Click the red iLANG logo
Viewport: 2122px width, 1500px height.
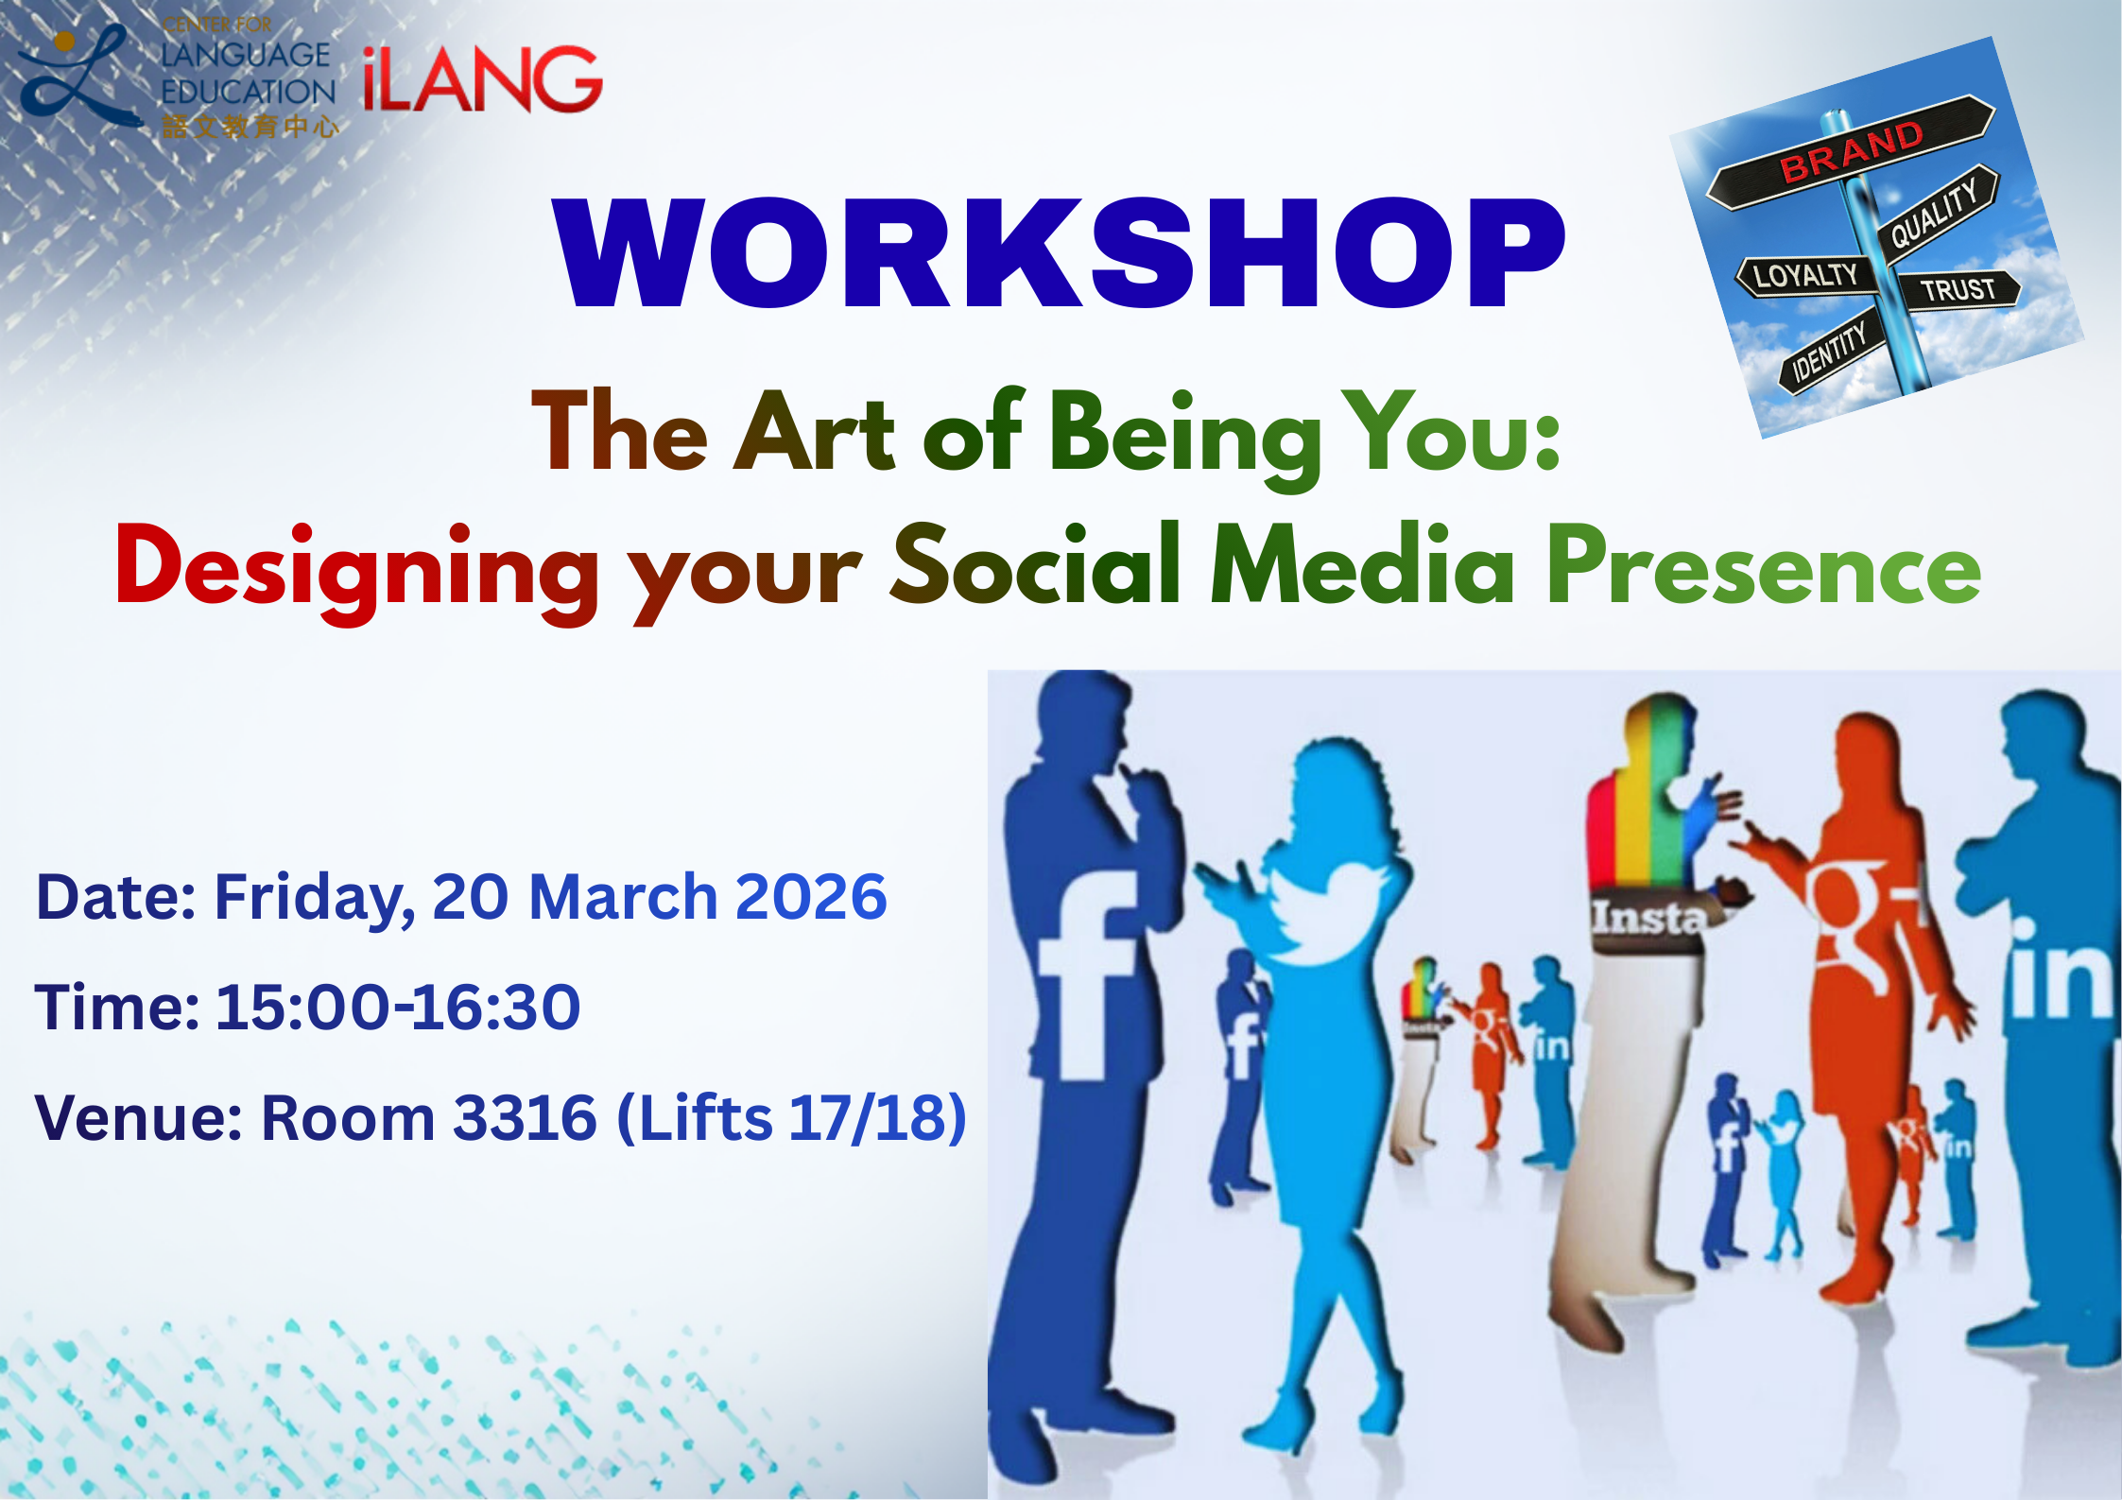(482, 79)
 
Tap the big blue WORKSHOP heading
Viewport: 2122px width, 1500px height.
(1060, 253)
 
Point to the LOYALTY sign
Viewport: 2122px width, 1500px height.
(1805, 276)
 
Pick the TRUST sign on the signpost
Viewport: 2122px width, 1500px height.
(1958, 288)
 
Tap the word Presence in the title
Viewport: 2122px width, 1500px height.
(1764, 565)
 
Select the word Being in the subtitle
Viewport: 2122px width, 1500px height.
(1185, 437)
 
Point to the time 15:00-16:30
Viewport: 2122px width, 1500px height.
(398, 1007)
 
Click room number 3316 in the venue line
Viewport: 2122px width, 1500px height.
(525, 1118)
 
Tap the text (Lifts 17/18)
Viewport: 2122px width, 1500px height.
(792, 1118)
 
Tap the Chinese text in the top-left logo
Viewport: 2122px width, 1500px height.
(250, 127)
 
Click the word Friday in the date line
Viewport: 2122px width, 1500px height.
(315, 898)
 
